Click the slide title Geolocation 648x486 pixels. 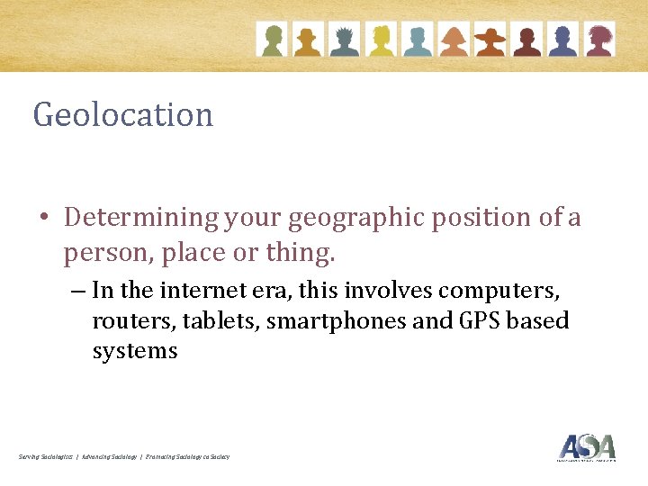click(123, 115)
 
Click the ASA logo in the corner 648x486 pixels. click(586, 447)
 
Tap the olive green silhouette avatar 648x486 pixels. click(271, 40)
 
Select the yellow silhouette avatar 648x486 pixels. click(381, 40)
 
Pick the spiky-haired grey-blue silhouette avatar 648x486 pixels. click(344, 40)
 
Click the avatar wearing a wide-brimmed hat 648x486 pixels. click(490, 40)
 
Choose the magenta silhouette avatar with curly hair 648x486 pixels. click(599, 40)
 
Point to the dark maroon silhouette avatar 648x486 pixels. click(526, 40)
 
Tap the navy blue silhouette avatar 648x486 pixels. click(563, 40)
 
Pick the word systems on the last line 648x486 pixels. click(135, 351)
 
